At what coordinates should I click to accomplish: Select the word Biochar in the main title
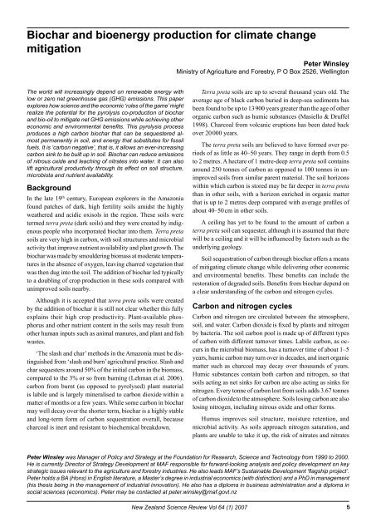(x=35, y=10)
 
